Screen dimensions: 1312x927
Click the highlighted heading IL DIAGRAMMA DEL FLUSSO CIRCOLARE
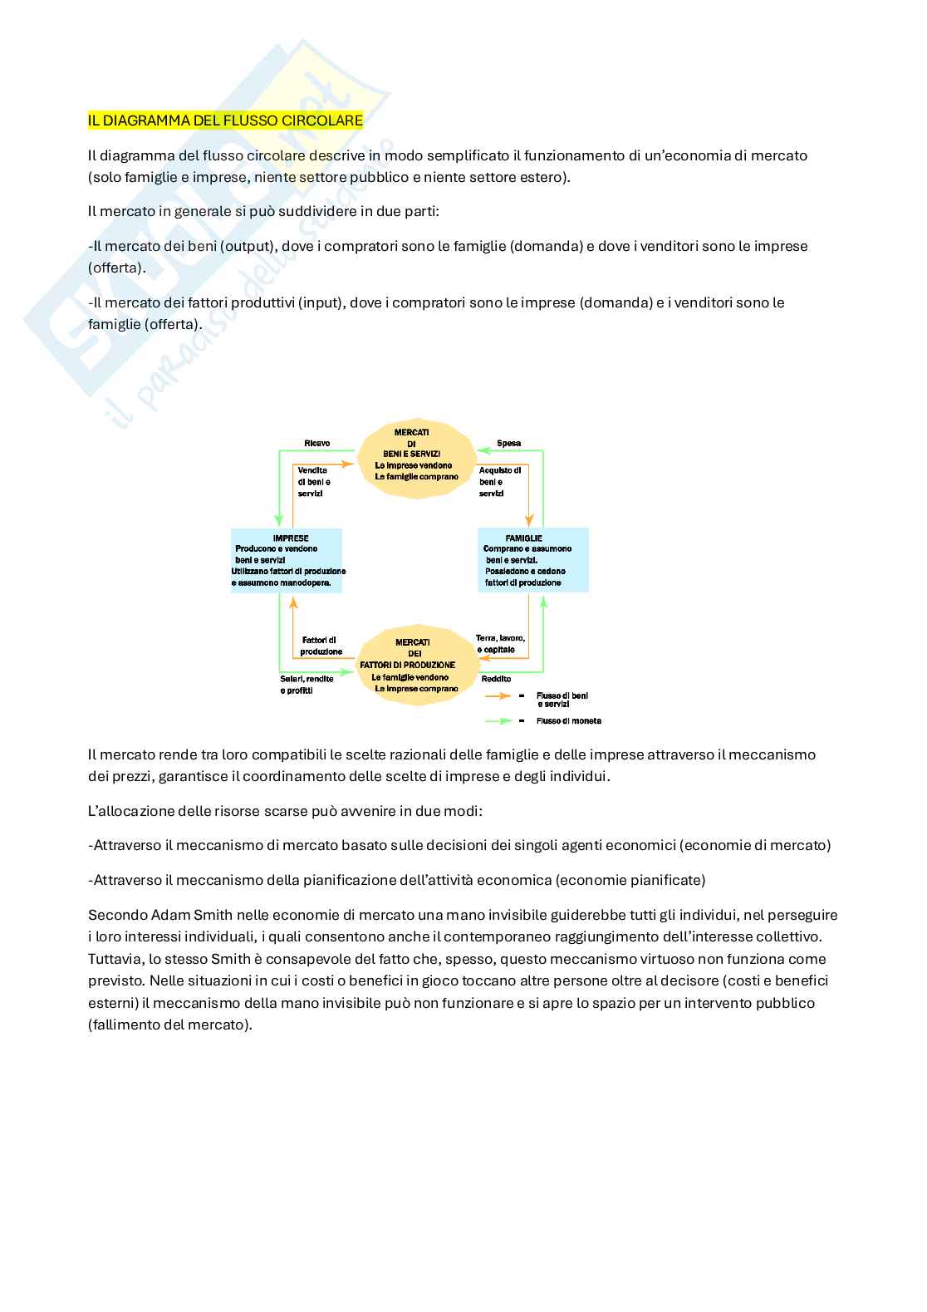point(225,120)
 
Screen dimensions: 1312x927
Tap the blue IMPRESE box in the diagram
point(287,560)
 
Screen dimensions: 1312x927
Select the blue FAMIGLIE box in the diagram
point(532,560)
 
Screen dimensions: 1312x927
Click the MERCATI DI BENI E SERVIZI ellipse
point(416,459)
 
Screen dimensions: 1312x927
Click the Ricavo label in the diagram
point(317,443)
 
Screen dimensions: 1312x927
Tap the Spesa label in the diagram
point(508,443)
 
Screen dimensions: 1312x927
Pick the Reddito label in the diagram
point(496,679)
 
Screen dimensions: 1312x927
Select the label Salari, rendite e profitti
point(307,685)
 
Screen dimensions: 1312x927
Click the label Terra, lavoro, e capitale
point(500,644)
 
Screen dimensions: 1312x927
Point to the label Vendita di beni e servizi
point(313,482)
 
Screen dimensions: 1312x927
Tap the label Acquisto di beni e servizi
point(499,482)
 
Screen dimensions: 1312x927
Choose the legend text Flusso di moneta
point(569,721)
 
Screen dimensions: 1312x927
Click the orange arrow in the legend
point(498,695)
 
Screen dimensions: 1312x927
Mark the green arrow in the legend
point(498,721)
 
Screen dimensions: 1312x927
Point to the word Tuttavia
point(115,959)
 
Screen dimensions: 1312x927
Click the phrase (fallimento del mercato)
point(170,1025)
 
